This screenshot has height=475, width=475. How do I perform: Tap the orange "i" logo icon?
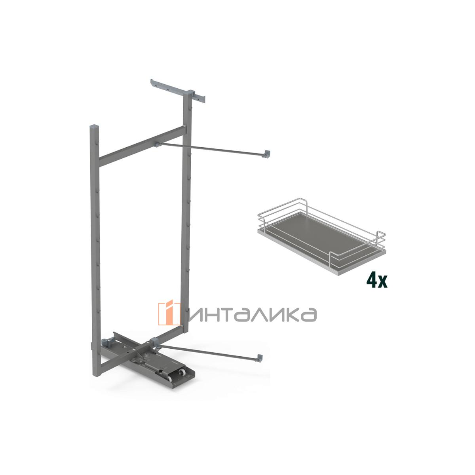point(169,312)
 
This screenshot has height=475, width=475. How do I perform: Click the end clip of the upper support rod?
point(267,154)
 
